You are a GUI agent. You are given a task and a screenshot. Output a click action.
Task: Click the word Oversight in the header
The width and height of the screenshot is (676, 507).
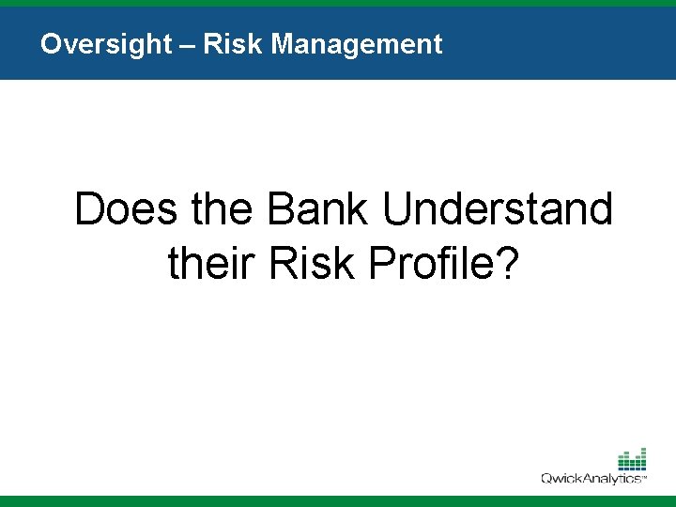pos(106,44)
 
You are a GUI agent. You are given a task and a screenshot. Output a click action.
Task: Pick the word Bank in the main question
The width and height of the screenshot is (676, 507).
pos(319,209)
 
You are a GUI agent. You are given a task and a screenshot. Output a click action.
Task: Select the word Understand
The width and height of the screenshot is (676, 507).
pos(498,209)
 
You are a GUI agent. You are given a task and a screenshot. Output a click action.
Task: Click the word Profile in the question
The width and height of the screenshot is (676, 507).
pos(427,264)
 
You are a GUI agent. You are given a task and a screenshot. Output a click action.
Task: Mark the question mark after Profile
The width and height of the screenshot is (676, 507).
pos(507,264)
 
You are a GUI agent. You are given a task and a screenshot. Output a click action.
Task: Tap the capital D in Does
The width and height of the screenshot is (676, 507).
pos(89,209)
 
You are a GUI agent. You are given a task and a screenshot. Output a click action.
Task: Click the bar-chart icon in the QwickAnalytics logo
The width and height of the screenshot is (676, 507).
pos(632,459)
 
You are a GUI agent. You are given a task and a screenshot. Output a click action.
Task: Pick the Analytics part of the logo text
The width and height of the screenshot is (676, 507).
pos(613,478)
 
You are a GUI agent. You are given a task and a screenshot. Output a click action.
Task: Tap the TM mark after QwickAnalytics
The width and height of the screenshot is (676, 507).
pos(645,480)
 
